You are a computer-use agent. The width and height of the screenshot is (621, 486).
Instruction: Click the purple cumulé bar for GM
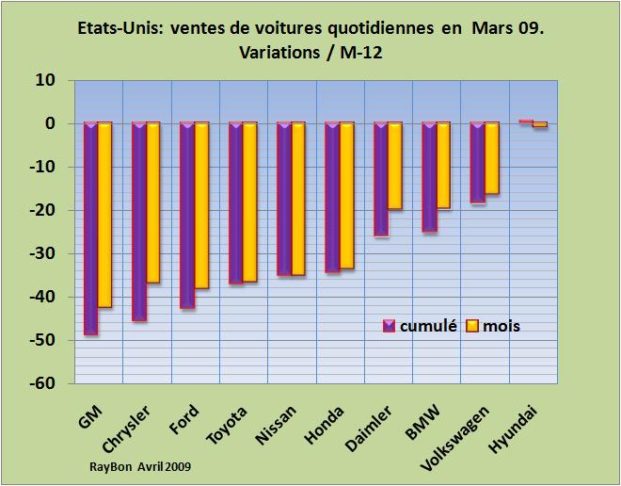click(x=91, y=228)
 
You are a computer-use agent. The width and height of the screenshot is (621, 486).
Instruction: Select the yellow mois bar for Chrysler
click(x=153, y=202)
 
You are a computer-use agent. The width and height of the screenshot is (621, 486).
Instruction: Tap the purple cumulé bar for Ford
click(x=187, y=215)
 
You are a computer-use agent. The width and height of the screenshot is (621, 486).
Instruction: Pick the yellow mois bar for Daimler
click(x=394, y=166)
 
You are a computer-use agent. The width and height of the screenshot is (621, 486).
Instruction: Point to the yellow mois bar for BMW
click(x=443, y=166)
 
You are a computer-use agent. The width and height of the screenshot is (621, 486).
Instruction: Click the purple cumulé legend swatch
click(x=388, y=326)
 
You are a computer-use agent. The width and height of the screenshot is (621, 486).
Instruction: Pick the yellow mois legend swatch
click(x=473, y=326)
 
